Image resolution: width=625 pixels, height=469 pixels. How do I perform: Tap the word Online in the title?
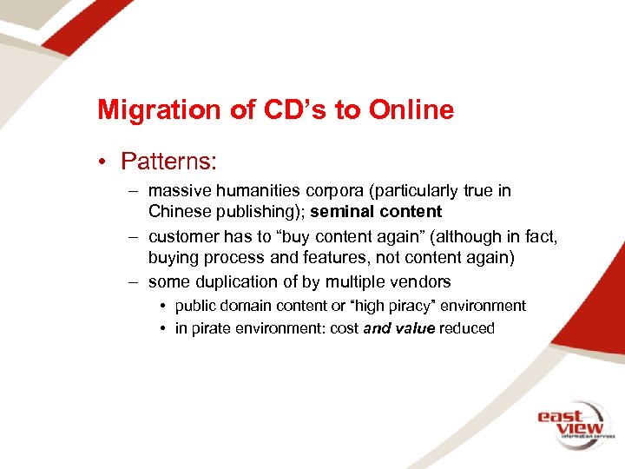(x=411, y=110)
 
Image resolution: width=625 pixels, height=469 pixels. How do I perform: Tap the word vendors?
(x=423, y=281)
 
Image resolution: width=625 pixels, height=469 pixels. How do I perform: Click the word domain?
(x=246, y=306)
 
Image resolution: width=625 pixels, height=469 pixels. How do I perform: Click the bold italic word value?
(x=414, y=328)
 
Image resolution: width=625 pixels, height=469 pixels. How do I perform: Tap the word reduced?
(x=467, y=328)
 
